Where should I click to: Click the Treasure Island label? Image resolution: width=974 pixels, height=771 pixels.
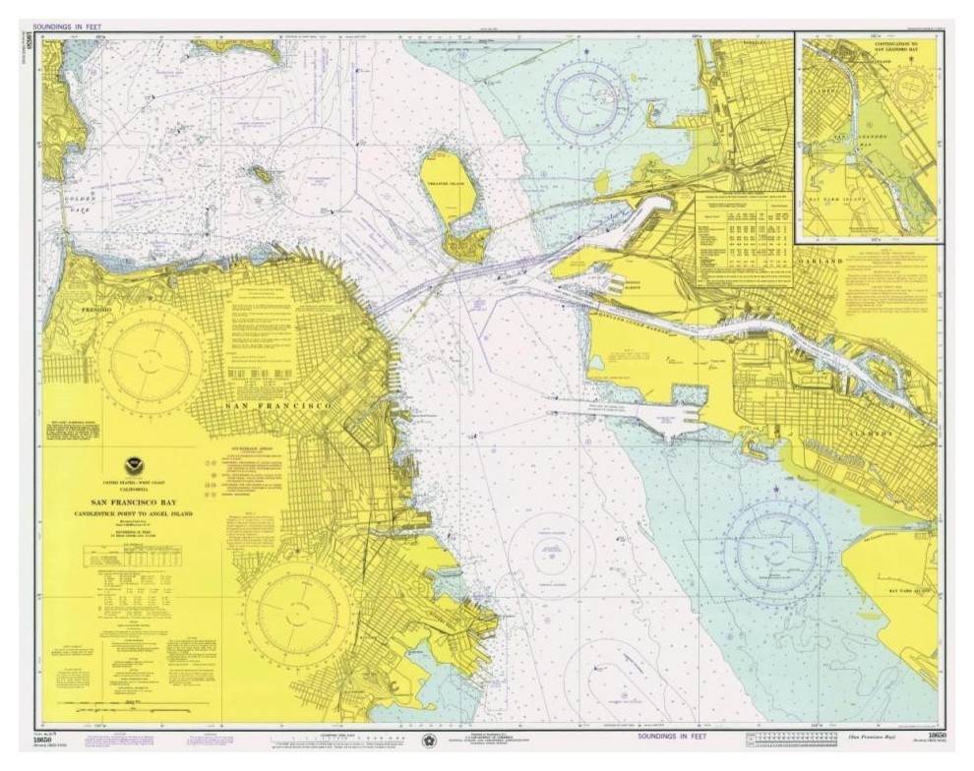pos(449,184)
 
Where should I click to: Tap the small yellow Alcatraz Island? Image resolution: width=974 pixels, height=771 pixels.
pos(261,175)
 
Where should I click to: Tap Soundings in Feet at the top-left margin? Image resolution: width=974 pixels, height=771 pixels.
pos(71,27)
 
